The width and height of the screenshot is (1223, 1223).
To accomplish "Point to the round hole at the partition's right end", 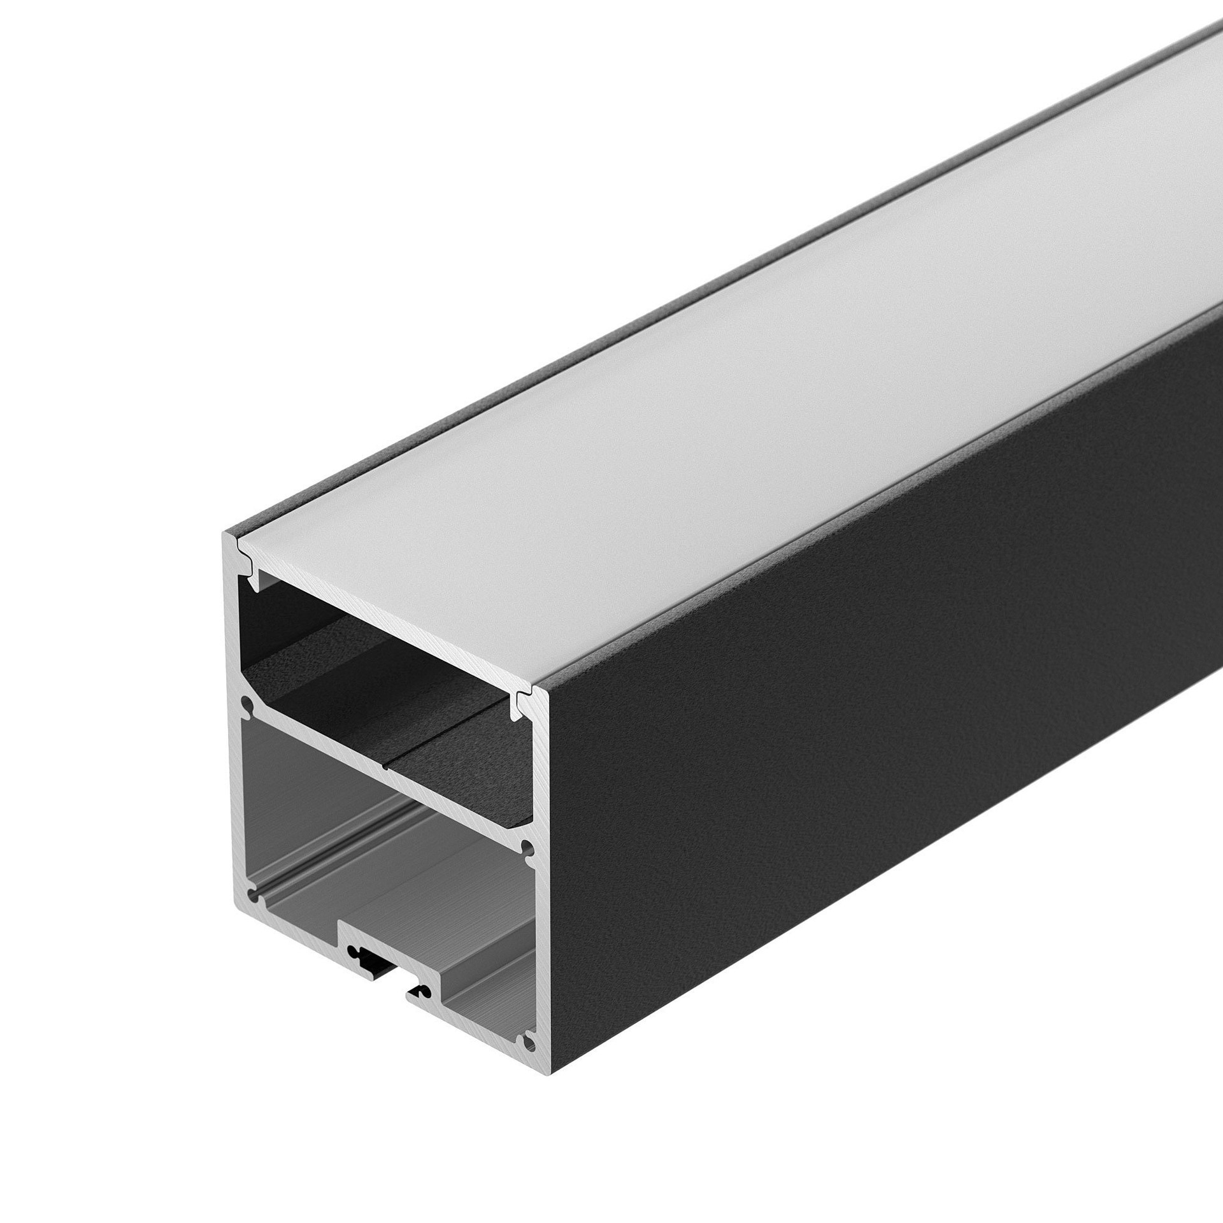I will [x=526, y=848].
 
